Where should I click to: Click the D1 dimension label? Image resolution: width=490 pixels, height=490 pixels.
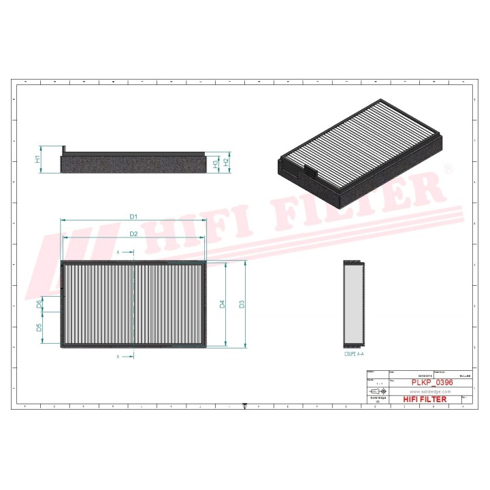(x=134, y=216)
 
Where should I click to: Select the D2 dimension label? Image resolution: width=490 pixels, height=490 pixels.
(x=134, y=233)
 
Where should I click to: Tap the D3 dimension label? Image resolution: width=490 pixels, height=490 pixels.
(x=242, y=304)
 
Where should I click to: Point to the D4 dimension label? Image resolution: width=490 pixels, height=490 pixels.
(x=223, y=304)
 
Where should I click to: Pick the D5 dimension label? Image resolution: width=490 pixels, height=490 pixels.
(x=39, y=327)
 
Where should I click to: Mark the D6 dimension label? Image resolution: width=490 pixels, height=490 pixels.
(x=39, y=304)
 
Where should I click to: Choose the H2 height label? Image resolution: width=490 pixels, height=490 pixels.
(x=227, y=162)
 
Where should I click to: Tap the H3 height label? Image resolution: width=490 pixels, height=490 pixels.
(x=215, y=164)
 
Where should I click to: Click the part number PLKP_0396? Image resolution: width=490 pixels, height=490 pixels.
(x=432, y=383)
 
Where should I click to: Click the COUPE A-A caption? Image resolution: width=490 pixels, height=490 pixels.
(x=354, y=355)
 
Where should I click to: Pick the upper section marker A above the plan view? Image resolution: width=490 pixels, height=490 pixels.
(x=118, y=252)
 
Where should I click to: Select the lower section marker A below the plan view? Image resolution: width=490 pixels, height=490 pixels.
(x=118, y=357)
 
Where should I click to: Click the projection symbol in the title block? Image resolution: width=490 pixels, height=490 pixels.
(x=376, y=392)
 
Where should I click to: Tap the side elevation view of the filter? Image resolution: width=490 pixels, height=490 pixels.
(x=133, y=162)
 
